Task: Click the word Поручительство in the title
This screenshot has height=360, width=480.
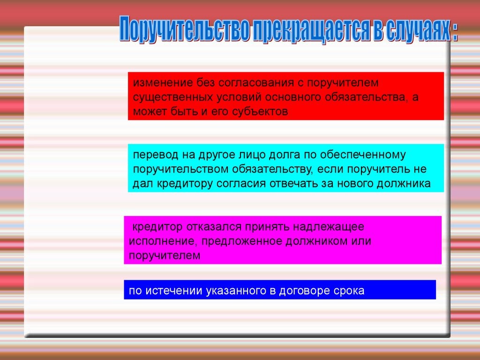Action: click(185, 30)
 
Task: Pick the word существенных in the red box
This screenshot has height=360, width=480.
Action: click(173, 97)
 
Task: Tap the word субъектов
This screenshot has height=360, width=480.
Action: click(260, 111)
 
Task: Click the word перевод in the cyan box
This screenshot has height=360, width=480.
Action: click(156, 155)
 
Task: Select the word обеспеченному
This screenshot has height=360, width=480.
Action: click(363, 155)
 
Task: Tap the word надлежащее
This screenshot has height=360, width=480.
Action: click(329, 227)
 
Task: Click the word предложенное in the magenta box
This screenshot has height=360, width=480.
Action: click(242, 241)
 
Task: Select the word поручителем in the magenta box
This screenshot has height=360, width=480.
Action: click(165, 255)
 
